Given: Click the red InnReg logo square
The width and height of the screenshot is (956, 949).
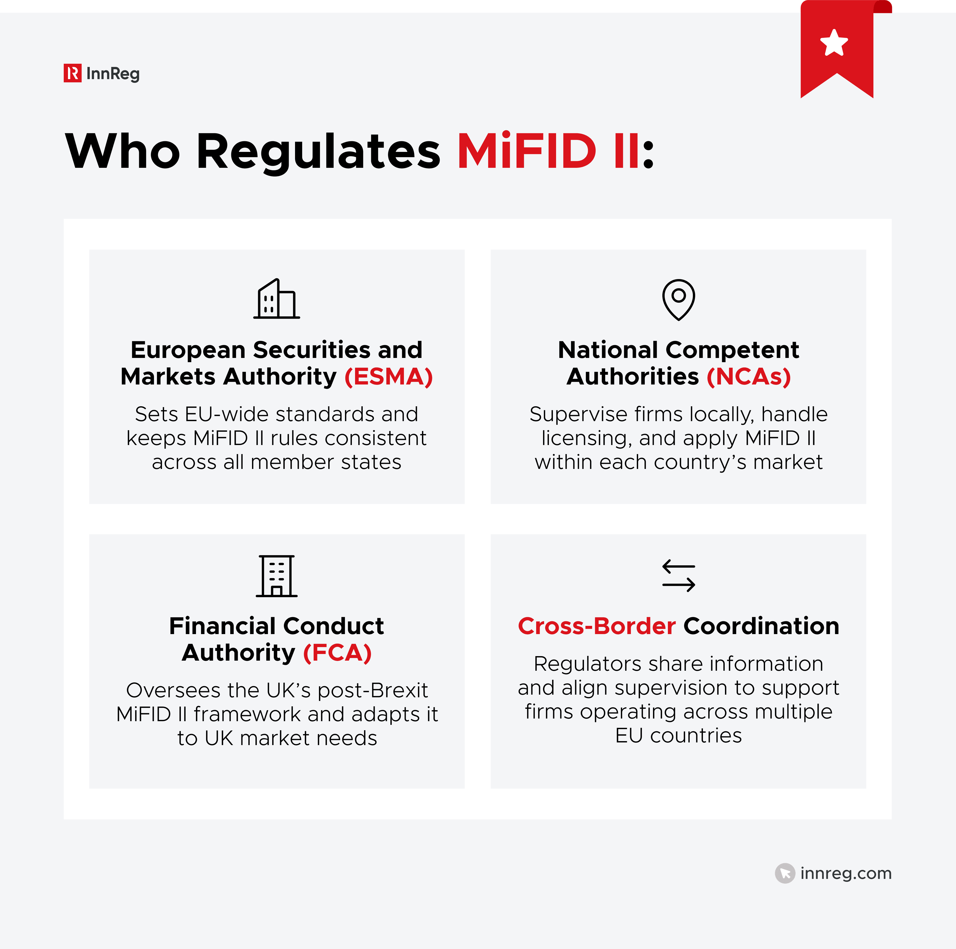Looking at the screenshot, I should click(72, 73).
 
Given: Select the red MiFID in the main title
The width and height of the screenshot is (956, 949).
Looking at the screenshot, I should click(527, 151).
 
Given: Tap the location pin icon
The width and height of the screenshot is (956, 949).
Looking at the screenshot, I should click(678, 299).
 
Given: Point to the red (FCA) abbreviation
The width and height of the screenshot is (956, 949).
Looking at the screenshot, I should click(337, 653).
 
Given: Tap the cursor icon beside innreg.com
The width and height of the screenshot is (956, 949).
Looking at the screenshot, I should click(785, 873).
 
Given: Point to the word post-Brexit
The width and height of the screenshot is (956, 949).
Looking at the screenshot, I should click(373, 690).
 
